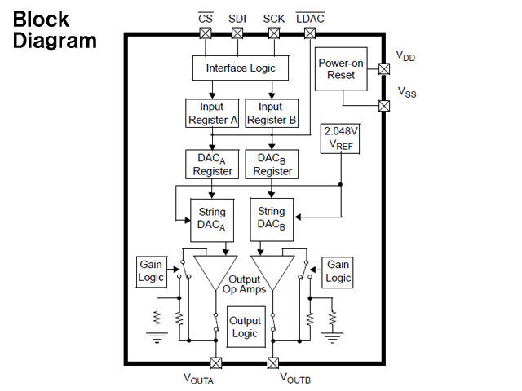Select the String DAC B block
click(x=272, y=219)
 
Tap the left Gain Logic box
click(x=151, y=271)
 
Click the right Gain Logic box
click(x=338, y=271)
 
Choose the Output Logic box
click(x=244, y=327)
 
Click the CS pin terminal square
click(x=206, y=33)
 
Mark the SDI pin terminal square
click(x=237, y=33)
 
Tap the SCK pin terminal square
click(x=273, y=33)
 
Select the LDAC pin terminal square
click(x=309, y=33)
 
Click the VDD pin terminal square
click(x=384, y=69)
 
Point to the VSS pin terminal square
click(x=384, y=105)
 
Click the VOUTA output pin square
click(x=216, y=362)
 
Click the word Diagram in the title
click(x=55, y=40)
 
